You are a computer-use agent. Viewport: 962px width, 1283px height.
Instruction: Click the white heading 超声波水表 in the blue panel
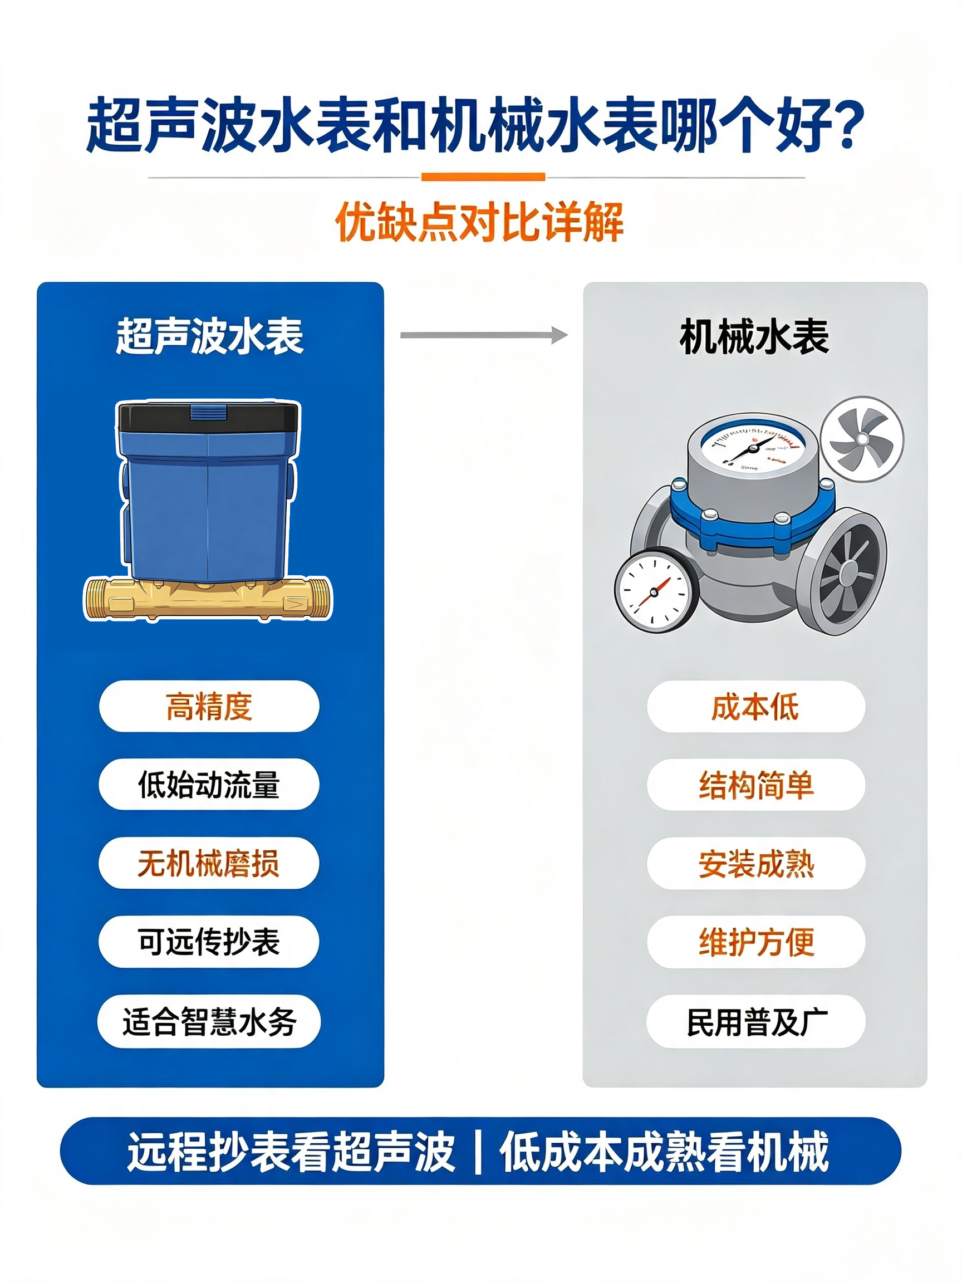[209, 336]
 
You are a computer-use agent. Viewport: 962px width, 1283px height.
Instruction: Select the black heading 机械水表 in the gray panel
[754, 336]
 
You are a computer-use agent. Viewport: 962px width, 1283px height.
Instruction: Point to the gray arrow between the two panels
[484, 335]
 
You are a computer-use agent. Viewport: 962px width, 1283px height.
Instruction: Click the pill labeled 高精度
[209, 706]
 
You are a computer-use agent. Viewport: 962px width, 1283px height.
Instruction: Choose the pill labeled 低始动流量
[209, 784]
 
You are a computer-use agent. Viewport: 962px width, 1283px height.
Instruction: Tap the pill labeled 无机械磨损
[209, 863]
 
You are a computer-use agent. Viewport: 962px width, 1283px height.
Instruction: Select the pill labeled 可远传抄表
[209, 942]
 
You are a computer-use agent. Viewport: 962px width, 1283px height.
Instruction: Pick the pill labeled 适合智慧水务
[209, 1021]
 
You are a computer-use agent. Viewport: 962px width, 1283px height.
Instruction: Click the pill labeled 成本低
[755, 707]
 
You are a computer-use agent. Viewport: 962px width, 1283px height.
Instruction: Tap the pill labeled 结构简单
[755, 785]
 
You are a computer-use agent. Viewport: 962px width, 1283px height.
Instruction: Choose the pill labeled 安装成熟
[755, 864]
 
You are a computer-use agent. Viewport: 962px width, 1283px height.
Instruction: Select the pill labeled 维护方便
[755, 942]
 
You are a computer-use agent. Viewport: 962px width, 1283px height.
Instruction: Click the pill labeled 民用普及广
[755, 1021]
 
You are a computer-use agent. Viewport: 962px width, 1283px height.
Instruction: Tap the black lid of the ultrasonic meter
[209, 417]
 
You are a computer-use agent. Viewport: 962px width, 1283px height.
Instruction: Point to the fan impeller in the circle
[862, 439]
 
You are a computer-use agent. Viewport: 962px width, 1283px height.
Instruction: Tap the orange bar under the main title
[483, 177]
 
